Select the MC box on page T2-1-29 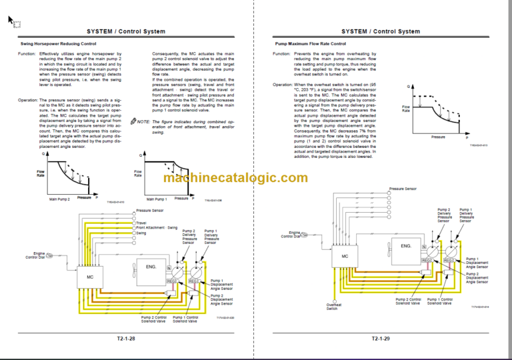pyautogui.click(x=345, y=255)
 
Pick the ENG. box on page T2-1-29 pyautogui.click(x=406, y=247)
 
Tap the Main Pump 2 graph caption pyautogui.click(x=59, y=199)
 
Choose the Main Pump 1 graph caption pyautogui.click(x=156, y=199)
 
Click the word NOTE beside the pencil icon pyautogui.click(x=143, y=121)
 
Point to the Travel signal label pyautogui.click(x=141, y=223)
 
